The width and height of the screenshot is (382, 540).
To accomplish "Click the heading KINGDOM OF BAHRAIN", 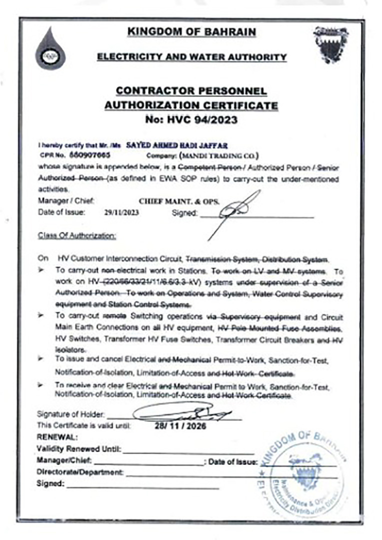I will point(191,32).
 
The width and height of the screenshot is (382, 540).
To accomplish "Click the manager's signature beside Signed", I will point(235,210).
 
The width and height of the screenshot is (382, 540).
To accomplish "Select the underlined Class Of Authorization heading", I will point(77,235).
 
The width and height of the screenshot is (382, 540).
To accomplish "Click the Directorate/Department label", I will point(80,472).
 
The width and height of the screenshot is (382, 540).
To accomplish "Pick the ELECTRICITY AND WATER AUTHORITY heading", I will point(191,57).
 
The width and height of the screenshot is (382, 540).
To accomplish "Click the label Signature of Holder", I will point(70,414).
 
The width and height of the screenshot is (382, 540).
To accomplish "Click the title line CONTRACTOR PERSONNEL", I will point(191,91).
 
